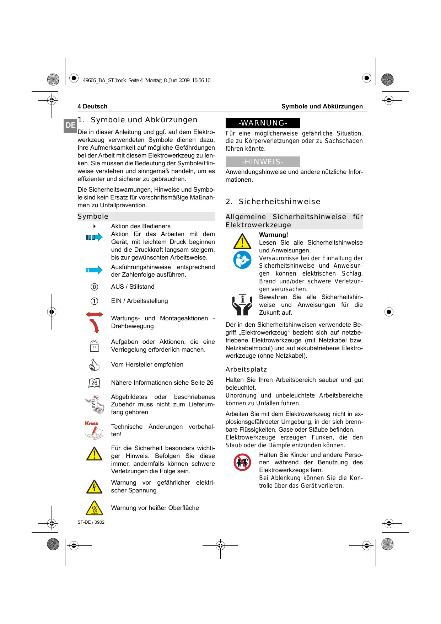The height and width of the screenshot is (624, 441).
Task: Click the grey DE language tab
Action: pos(70,126)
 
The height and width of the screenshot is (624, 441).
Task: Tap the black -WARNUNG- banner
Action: pos(263,123)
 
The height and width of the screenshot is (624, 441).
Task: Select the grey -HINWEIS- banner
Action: pos(263,162)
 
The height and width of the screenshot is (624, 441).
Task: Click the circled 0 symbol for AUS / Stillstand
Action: pos(94,287)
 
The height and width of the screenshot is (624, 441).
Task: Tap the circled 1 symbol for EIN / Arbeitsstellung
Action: pos(94,301)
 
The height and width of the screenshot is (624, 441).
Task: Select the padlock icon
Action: pos(94,346)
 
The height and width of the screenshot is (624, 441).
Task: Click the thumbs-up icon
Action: pos(94,365)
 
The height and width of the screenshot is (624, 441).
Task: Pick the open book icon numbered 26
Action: pos(94,383)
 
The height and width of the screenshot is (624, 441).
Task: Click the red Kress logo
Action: pos(92,423)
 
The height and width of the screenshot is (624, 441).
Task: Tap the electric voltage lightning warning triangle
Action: pos(94,487)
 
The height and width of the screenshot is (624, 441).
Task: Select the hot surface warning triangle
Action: pos(94,508)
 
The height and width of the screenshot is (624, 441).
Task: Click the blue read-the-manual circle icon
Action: pos(242,260)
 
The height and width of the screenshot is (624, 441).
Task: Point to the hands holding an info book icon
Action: pos(242,305)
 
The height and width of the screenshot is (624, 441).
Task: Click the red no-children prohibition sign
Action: pos(242,462)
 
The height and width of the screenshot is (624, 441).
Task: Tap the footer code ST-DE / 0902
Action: pos(91,522)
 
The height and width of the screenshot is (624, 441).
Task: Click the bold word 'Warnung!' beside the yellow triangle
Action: pos(273,235)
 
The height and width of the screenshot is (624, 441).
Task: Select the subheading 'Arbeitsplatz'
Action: pos(246,369)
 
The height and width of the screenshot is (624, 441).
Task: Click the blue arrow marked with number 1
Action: pos(94,270)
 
